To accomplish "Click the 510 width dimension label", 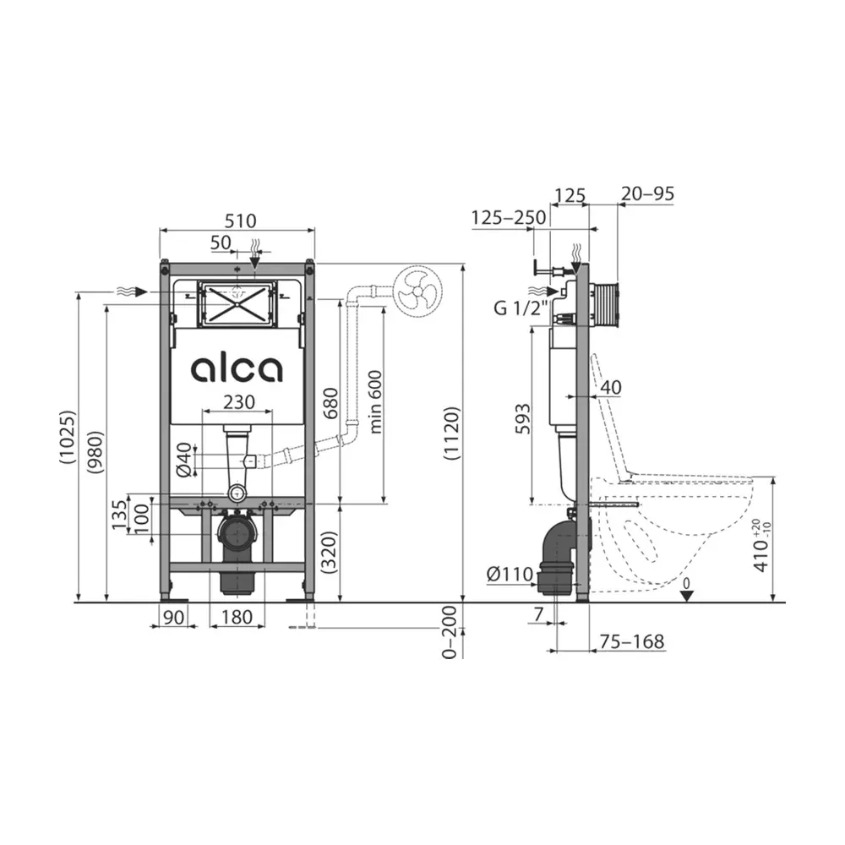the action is [240, 221].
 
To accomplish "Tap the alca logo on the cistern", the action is [237, 370].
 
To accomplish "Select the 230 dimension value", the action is [239, 402].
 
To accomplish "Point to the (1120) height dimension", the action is [450, 433].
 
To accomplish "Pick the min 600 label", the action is [375, 402].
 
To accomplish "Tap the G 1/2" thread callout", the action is [521, 308].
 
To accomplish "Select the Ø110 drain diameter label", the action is [510, 575].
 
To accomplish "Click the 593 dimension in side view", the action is [522, 419].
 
